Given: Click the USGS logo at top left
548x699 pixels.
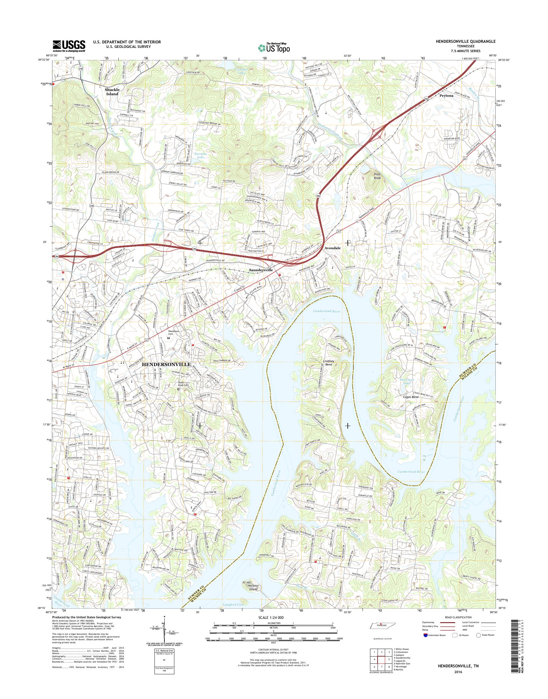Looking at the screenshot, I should click(x=69, y=46).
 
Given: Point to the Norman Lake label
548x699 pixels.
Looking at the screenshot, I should click(x=201, y=156).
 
